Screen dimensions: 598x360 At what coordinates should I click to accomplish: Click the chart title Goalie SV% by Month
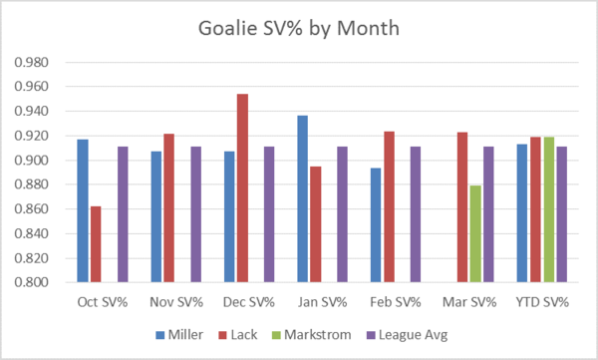point(299,28)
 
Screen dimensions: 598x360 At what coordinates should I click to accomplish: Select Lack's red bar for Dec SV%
point(242,188)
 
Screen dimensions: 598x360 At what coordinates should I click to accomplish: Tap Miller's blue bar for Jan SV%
point(302,198)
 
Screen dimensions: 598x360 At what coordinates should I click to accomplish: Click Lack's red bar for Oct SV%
point(96,244)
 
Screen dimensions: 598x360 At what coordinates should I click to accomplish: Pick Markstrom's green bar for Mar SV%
point(475,233)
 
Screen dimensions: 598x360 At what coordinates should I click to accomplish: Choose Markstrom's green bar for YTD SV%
point(549,209)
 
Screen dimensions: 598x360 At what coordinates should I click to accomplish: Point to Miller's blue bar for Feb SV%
point(376,225)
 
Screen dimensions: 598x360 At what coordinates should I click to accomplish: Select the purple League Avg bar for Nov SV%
point(196,214)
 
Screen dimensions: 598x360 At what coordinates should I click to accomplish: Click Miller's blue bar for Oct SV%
point(83,210)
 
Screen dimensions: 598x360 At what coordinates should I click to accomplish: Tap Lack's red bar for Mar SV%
point(462,207)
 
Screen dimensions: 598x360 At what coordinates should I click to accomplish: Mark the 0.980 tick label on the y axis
point(32,62)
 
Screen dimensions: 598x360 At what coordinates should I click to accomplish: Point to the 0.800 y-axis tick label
point(32,282)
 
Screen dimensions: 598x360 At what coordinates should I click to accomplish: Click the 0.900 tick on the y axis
point(32,161)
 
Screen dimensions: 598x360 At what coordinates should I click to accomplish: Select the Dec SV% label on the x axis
point(248,302)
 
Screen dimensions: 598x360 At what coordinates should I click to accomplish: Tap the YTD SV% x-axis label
point(542,302)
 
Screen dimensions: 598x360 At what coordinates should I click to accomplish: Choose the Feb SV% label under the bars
point(396,302)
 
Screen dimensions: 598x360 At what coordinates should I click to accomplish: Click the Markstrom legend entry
point(312,335)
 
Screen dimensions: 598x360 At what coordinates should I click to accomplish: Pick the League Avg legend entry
point(408,335)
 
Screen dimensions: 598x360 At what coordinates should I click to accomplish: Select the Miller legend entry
point(179,335)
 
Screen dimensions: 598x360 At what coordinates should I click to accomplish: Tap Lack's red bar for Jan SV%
point(315,224)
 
